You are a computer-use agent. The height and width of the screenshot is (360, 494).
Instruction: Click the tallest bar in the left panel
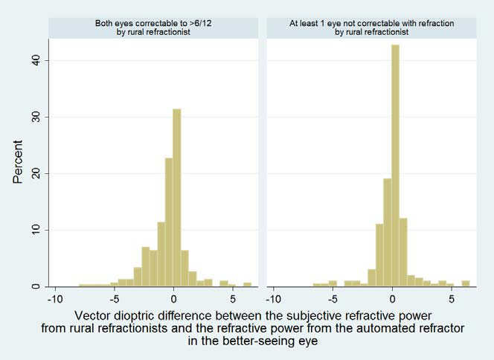pos(176,197)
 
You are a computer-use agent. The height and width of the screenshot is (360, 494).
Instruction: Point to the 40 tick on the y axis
pos(35,60)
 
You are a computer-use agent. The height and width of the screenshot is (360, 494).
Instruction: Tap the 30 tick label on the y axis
pos(35,117)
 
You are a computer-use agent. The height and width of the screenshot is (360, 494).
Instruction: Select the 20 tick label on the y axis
pos(35,173)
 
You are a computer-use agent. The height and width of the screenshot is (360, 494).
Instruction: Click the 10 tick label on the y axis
pos(35,230)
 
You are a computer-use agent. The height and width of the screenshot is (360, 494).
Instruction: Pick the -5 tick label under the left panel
pos(113,299)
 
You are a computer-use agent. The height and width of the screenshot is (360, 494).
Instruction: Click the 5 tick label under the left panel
pos(233,299)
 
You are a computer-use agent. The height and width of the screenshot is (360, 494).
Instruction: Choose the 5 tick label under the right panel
pos(452,299)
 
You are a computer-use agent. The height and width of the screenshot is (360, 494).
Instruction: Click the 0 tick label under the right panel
pos(392,299)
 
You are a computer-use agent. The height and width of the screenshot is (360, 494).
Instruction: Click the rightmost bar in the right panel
pos(466,283)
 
